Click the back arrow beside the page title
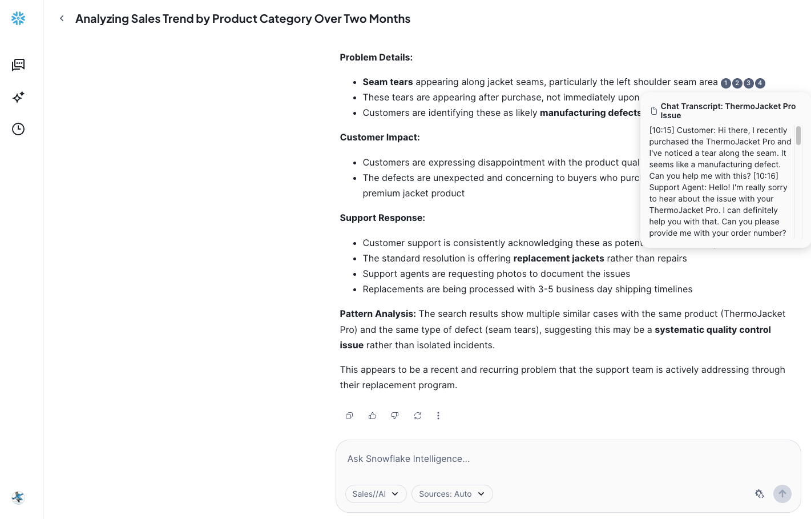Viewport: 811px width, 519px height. pyautogui.click(x=62, y=18)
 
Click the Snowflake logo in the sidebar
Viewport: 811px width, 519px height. pyautogui.click(x=18, y=18)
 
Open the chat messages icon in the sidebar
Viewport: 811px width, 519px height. pyautogui.click(x=18, y=65)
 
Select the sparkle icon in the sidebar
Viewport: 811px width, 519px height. pyautogui.click(x=18, y=97)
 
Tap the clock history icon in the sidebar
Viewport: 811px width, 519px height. pyautogui.click(x=18, y=129)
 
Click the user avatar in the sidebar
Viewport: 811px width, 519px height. pyautogui.click(x=18, y=497)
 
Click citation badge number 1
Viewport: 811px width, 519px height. pyautogui.click(x=725, y=83)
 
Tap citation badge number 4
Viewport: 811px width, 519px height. pyautogui.click(x=760, y=83)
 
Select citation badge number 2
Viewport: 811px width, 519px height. pyautogui.click(x=737, y=83)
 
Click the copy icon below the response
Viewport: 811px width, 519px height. pyautogui.click(x=349, y=416)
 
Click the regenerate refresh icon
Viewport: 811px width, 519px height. pyautogui.click(x=418, y=416)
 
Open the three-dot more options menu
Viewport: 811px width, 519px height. pyautogui.click(x=438, y=416)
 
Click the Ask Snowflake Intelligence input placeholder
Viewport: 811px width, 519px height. pyautogui.click(x=409, y=459)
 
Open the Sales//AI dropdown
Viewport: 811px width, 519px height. pyautogui.click(x=376, y=494)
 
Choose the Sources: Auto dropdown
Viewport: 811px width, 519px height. pyautogui.click(x=451, y=494)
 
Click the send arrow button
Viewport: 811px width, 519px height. pyautogui.click(x=782, y=494)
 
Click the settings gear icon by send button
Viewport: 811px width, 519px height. pyautogui.click(x=760, y=494)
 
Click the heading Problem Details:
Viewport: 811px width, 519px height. pyautogui.click(x=376, y=57)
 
